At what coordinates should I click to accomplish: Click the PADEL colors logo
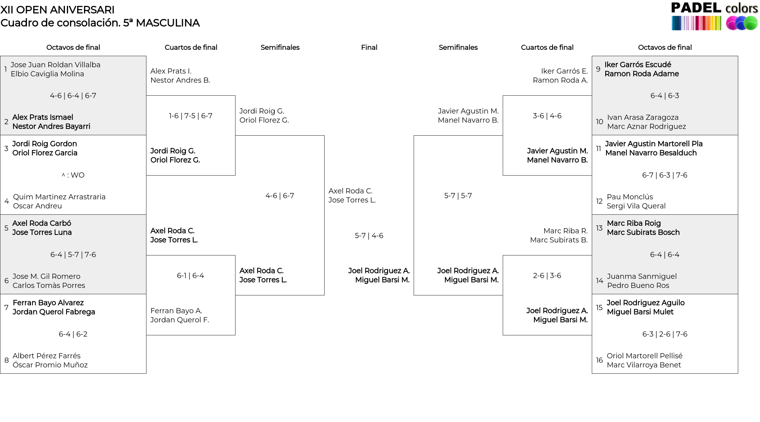point(714,16)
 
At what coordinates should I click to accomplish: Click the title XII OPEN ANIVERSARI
point(57,10)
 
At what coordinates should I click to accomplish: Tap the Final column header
point(369,47)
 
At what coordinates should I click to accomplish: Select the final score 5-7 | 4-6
point(369,236)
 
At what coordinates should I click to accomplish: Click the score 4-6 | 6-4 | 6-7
point(73,96)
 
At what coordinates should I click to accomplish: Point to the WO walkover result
point(73,175)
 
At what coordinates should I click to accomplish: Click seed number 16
point(599,360)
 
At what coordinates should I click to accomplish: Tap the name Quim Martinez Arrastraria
point(59,197)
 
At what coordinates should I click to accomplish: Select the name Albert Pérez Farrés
point(47,356)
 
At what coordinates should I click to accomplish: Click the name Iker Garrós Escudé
point(638,65)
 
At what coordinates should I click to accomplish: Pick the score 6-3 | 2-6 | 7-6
point(665,334)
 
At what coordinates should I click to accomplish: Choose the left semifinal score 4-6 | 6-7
point(280,196)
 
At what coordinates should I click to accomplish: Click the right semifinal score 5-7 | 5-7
point(458,196)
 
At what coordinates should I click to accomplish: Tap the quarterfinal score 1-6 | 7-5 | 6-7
point(191,116)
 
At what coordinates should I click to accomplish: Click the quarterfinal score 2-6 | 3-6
point(547,276)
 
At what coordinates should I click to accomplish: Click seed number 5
point(6,228)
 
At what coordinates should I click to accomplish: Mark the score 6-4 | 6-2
point(73,334)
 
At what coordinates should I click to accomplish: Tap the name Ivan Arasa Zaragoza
point(643,117)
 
